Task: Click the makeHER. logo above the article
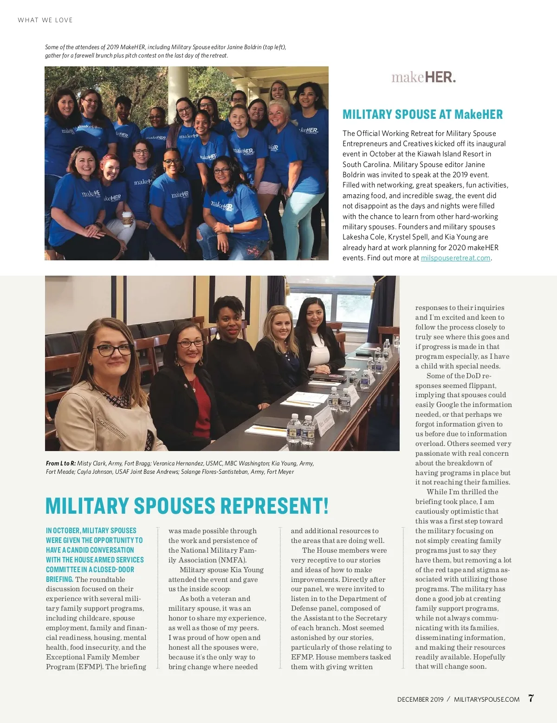pyautogui.click(x=423, y=77)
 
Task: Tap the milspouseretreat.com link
pyautogui.click(x=455, y=258)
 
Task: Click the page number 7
pyautogui.click(x=531, y=698)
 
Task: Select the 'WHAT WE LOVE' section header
pyautogui.click(x=45, y=20)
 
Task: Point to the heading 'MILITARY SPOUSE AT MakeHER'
pyautogui.click(x=422, y=114)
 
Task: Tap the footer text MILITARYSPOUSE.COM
pyautogui.click(x=486, y=699)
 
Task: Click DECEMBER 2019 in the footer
pyautogui.click(x=420, y=699)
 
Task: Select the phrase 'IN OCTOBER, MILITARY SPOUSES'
pyautogui.click(x=91, y=530)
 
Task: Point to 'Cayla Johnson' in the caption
pyautogui.click(x=97, y=471)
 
